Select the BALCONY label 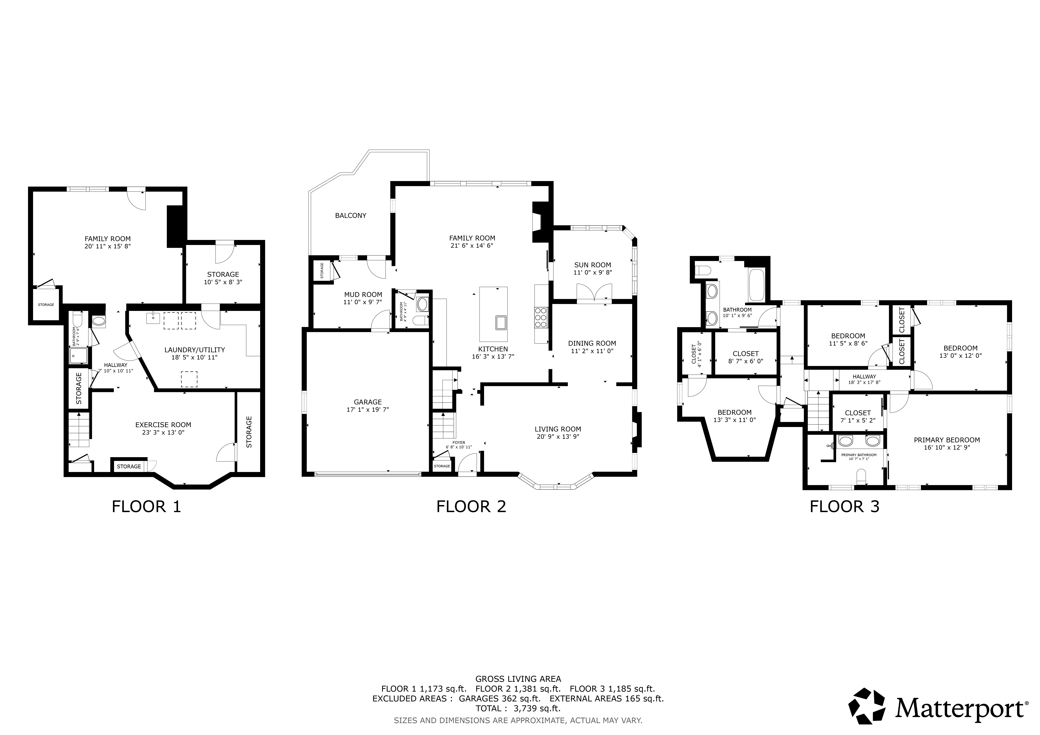(x=351, y=215)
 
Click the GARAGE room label (x=368, y=402)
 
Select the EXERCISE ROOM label (x=163, y=425)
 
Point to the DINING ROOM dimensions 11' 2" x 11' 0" (x=592, y=351)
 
